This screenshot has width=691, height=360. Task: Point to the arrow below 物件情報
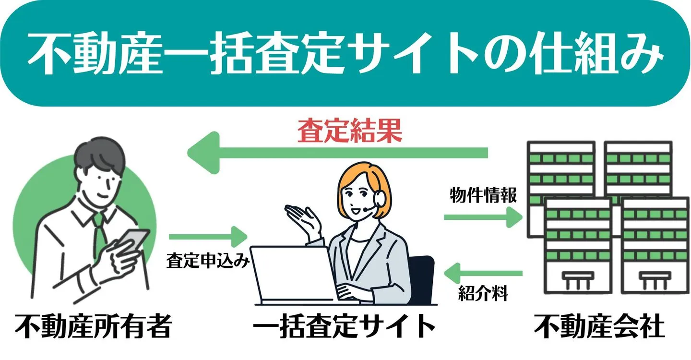click(x=483, y=217)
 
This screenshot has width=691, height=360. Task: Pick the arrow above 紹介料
click(x=483, y=274)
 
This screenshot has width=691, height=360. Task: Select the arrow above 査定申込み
click(x=207, y=237)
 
